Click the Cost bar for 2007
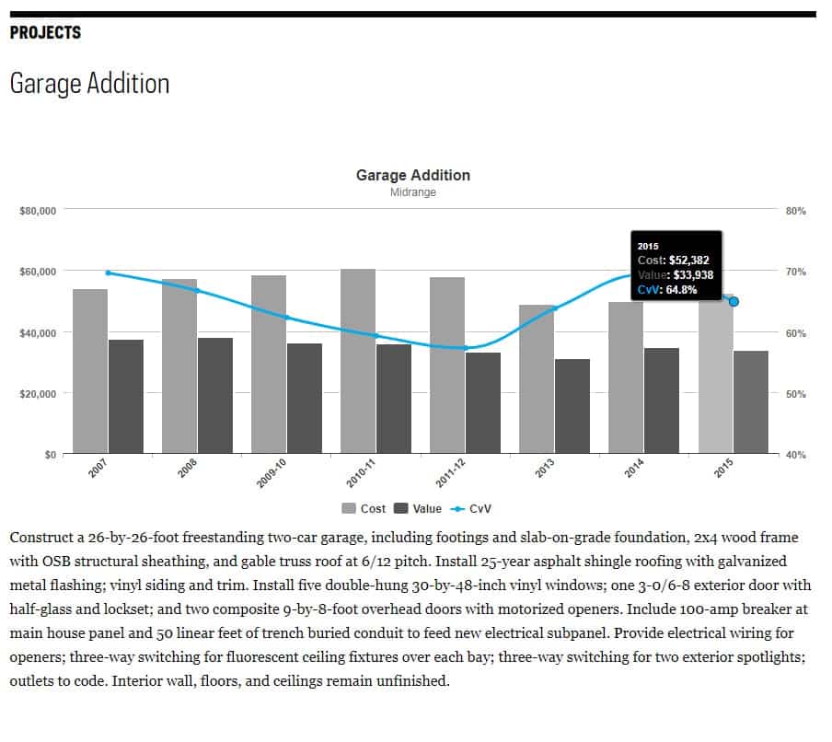point(90,371)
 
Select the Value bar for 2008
point(215,396)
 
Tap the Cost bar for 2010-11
point(358,361)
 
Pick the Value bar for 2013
point(572,406)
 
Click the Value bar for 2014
point(662,400)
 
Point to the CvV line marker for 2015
point(734,301)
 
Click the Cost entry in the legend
point(364,508)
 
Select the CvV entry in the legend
point(472,508)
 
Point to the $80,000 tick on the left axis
point(38,211)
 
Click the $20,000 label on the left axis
point(38,393)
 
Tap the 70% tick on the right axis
point(795,272)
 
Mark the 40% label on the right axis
point(795,454)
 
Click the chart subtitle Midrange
point(412,192)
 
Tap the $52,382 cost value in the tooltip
point(686,261)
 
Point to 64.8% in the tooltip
point(683,289)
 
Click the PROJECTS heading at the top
point(45,33)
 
